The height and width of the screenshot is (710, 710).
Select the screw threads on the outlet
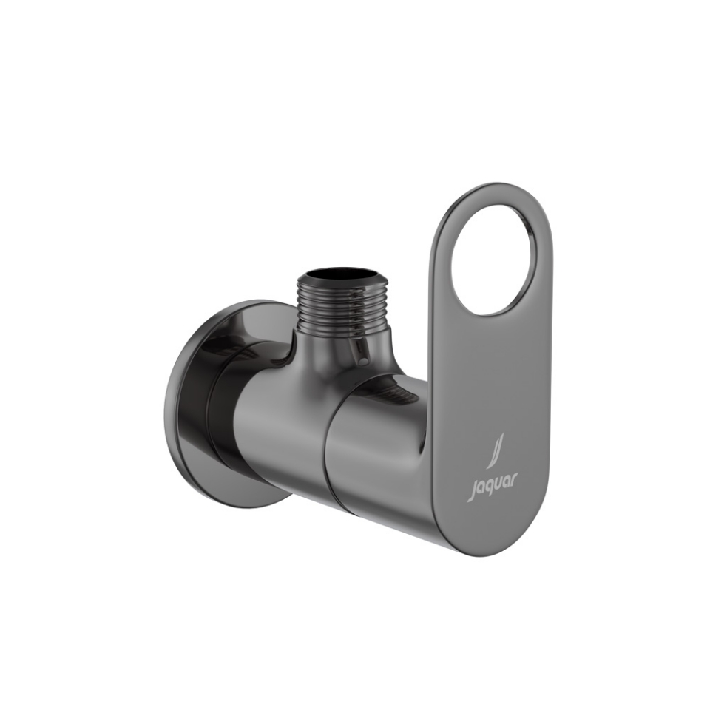point(340,303)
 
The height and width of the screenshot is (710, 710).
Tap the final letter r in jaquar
point(515,480)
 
